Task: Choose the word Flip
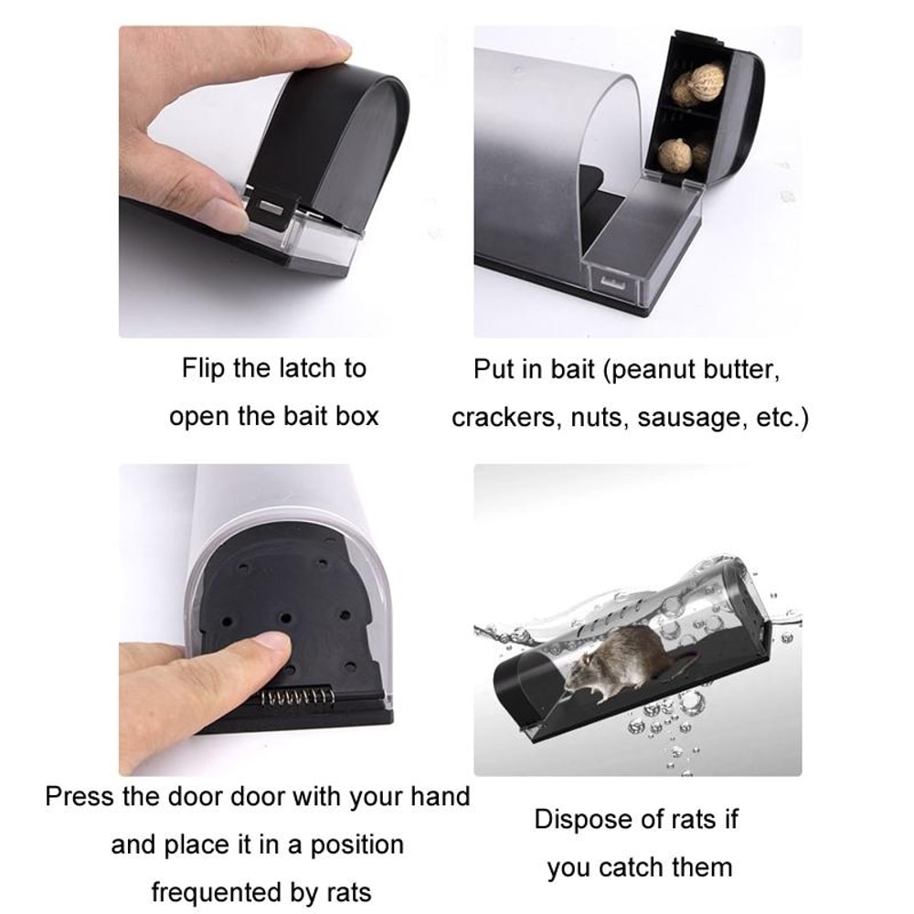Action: pyautogui.click(x=202, y=368)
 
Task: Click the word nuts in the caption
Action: pyautogui.click(x=598, y=418)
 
